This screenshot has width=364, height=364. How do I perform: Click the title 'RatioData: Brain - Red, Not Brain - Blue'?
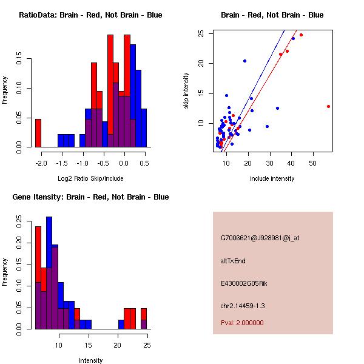[90, 15]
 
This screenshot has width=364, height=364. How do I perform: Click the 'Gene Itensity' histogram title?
[90, 197]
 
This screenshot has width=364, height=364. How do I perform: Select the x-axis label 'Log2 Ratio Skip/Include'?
[90, 178]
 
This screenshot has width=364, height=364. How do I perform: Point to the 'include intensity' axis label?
[272, 178]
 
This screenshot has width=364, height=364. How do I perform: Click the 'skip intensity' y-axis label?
[186, 91]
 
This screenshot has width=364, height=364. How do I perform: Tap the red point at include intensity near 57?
[328, 106]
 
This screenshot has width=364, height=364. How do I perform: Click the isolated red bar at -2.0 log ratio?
[38, 133]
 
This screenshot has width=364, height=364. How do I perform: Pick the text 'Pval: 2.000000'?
[242, 323]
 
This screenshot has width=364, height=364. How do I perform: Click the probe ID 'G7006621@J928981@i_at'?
[260, 238]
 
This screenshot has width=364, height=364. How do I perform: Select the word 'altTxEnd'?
[233, 261]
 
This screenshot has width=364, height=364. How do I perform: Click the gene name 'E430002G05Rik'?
[244, 283]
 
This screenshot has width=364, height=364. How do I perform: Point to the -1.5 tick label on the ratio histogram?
[61, 163]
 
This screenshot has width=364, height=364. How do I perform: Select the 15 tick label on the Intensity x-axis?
[89, 345]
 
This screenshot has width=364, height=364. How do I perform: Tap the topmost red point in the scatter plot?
[301, 35]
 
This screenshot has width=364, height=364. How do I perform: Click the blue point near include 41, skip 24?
[293, 38]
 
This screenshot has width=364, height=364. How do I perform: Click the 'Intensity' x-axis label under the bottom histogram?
[90, 360]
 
